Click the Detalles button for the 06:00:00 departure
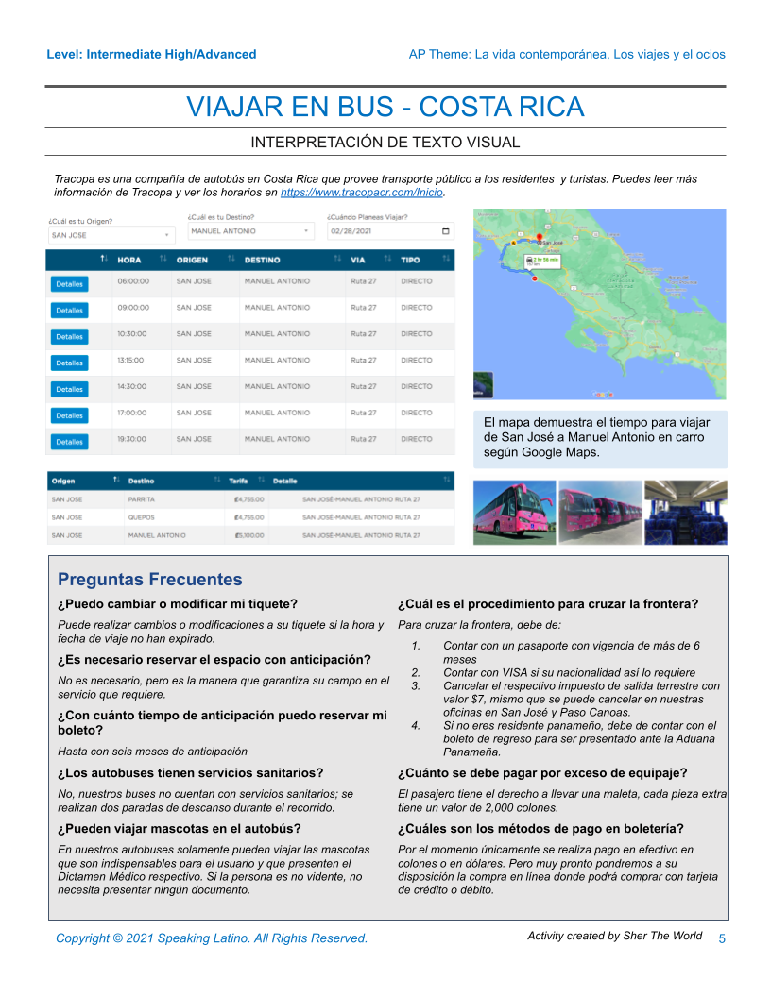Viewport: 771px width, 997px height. click(x=69, y=283)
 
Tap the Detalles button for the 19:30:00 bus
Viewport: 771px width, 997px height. click(x=69, y=442)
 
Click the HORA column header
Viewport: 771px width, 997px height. click(x=130, y=260)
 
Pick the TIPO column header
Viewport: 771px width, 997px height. click(x=411, y=260)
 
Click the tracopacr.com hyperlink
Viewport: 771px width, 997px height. click(x=362, y=193)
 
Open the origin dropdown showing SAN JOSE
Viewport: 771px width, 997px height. click(x=111, y=235)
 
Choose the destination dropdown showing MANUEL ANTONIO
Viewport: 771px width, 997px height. click(x=250, y=230)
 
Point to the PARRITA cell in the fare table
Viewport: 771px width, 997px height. click(x=142, y=499)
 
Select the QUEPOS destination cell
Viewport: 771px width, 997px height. click(x=141, y=517)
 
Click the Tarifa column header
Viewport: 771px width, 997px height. click(x=238, y=481)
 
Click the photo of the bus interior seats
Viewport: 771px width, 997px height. click(x=685, y=513)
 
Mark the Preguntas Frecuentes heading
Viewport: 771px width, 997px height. click(x=149, y=580)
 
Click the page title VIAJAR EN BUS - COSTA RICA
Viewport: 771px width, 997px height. click(x=385, y=107)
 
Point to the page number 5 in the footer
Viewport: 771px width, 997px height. click(x=722, y=938)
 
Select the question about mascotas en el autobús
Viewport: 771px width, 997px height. click(x=180, y=829)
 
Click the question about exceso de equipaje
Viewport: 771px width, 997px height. click(x=542, y=773)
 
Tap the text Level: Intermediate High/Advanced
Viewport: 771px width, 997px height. click(x=151, y=54)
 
